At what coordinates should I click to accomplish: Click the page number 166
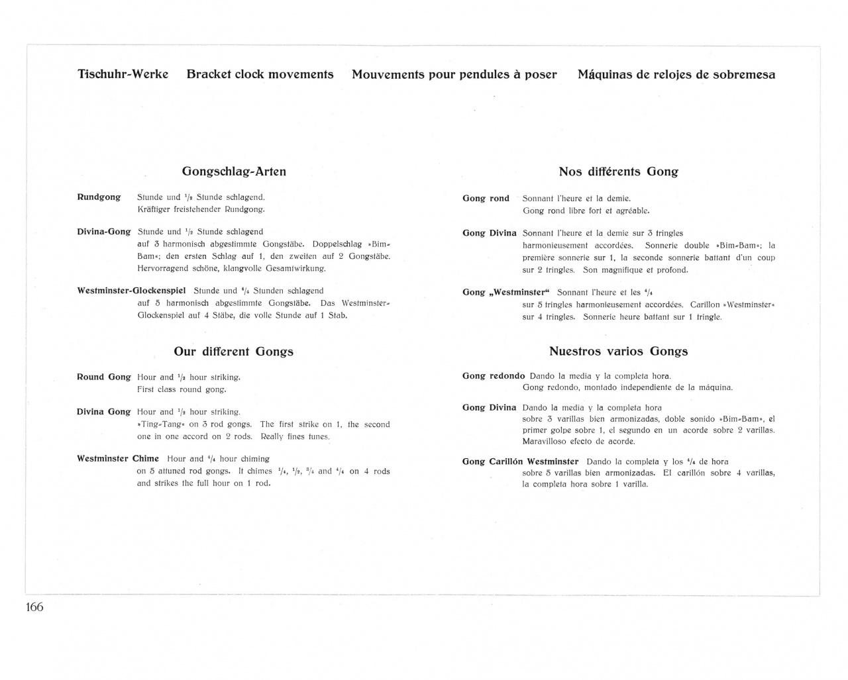click(x=34, y=607)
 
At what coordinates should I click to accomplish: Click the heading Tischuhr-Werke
click(x=123, y=74)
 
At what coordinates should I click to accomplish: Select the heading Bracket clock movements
click(x=260, y=74)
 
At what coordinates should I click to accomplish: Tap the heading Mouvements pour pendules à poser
click(x=454, y=75)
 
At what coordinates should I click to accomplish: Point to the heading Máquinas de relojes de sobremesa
click(x=676, y=75)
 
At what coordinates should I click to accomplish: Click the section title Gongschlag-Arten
click(x=234, y=171)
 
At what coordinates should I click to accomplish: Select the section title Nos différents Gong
click(x=618, y=171)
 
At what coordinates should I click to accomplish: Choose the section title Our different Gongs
click(x=233, y=352)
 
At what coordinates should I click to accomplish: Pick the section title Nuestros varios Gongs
click(x=618, y=352)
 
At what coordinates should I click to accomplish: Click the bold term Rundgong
click(x=99, y=197)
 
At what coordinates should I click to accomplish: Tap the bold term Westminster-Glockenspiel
click(x=131, y=291)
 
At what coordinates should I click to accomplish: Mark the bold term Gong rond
click(x=486, y=199)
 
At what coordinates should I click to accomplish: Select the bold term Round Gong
click(x=103, y=377)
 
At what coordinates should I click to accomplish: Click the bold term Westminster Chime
click(x=118, y=459)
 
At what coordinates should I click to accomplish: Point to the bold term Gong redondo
click(x=493, y=376)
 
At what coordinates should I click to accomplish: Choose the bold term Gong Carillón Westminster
click(x=520, y=461)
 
